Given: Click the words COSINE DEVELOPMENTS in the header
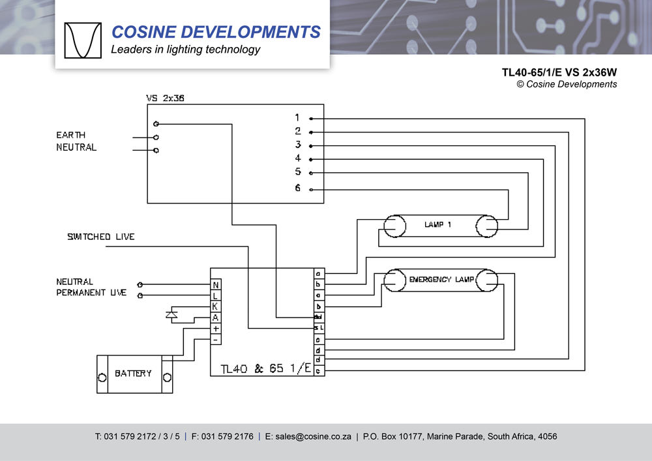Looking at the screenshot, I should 216,32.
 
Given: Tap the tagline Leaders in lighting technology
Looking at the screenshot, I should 185,50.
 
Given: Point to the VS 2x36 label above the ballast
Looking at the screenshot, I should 164,98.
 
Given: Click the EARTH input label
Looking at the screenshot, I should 70,135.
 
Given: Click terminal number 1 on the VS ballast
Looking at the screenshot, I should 297,118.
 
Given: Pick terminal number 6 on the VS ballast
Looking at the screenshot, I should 297,188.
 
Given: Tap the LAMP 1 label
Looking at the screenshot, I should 437,225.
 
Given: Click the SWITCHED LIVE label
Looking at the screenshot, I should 100,237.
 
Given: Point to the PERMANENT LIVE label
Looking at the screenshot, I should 91,293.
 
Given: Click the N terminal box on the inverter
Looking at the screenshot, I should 216,285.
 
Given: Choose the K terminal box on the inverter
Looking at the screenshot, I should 216,306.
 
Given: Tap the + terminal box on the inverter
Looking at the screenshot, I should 216,329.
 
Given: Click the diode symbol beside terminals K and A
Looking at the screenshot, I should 172,315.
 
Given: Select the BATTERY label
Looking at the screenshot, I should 133,374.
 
